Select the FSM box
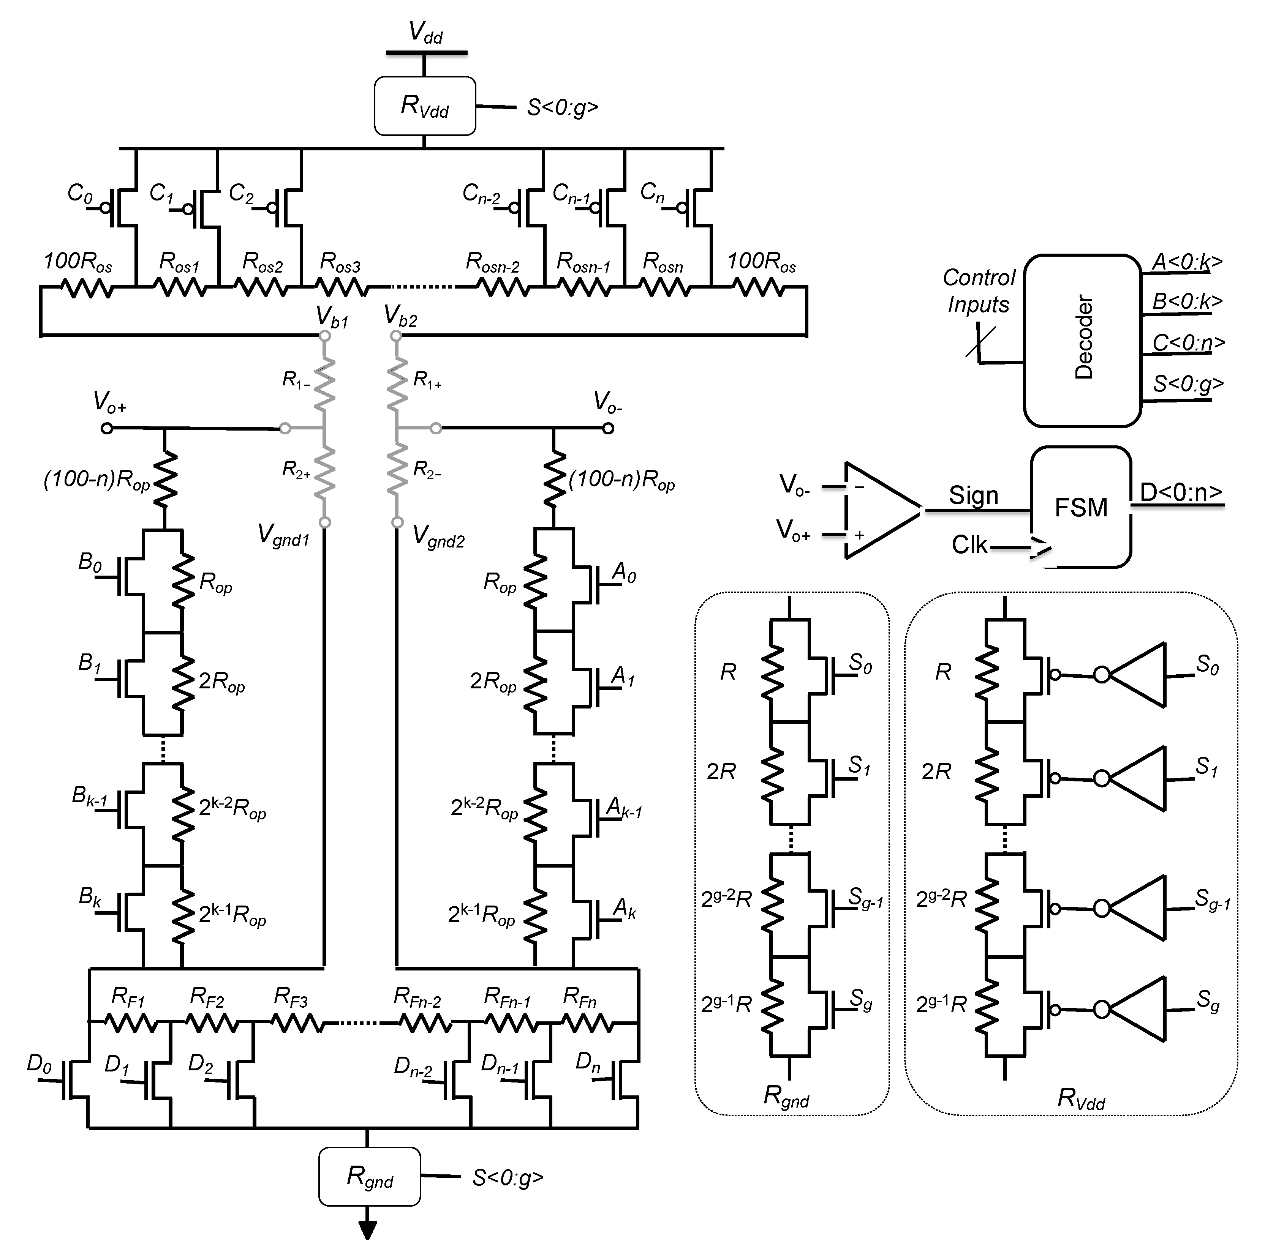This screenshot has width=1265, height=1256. click(x=1081, y=507)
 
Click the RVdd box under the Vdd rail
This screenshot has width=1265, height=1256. click(x=425, y=106)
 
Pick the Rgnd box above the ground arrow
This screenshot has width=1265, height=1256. click(x=369, y=1176)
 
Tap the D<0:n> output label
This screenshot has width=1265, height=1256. click(x=1181, y=492)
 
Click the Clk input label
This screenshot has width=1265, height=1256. click(x=969, y=544)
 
